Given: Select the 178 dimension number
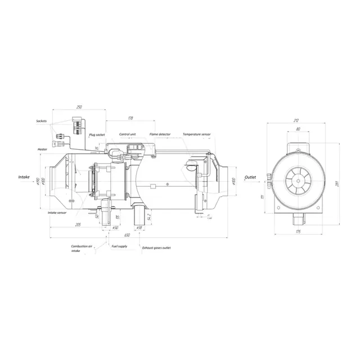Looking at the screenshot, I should point(130,118).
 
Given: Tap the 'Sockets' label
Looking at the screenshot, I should point(41,121).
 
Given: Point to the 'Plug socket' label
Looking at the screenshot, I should point(97,135).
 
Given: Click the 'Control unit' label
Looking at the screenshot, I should point(128,135).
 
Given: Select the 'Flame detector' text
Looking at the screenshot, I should point(160,135).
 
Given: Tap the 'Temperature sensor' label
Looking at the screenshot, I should point(197,135).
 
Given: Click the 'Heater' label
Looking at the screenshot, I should point(42,149).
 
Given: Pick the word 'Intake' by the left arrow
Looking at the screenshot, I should point(24,177).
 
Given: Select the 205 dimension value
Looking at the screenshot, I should point(78,224).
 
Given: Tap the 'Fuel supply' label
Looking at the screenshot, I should point(119,246).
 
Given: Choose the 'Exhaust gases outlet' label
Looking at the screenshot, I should point(156,247).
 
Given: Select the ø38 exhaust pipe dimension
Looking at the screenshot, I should point(139,228).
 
